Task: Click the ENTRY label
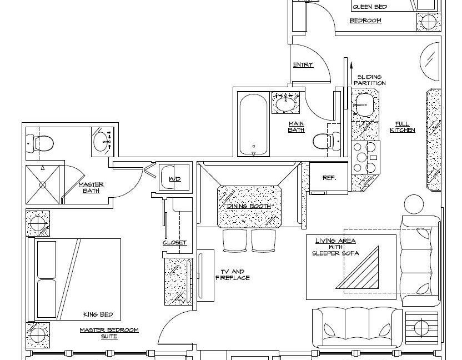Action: click(303, 64)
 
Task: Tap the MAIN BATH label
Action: click(296, 127)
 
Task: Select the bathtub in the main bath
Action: click(253, 124)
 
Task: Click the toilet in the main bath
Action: click(326, 142)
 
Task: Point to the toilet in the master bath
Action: click(40, 143)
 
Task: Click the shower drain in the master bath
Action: click(43, 185)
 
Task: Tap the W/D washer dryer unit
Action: click(174, 177)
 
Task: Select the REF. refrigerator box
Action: click(329, 178)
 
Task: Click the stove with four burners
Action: click(365, 157)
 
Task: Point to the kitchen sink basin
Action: click(365, 105)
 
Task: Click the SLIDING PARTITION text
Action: click(370, 80)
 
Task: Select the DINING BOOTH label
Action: click(249, 206)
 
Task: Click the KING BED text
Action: click(98, 314)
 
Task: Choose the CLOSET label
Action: click(175, 243)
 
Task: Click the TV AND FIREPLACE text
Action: click(233, 274)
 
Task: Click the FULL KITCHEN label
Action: click(403, 127)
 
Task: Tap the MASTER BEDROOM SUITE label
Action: click(109, 333)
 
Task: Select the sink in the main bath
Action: click(285, 103)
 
